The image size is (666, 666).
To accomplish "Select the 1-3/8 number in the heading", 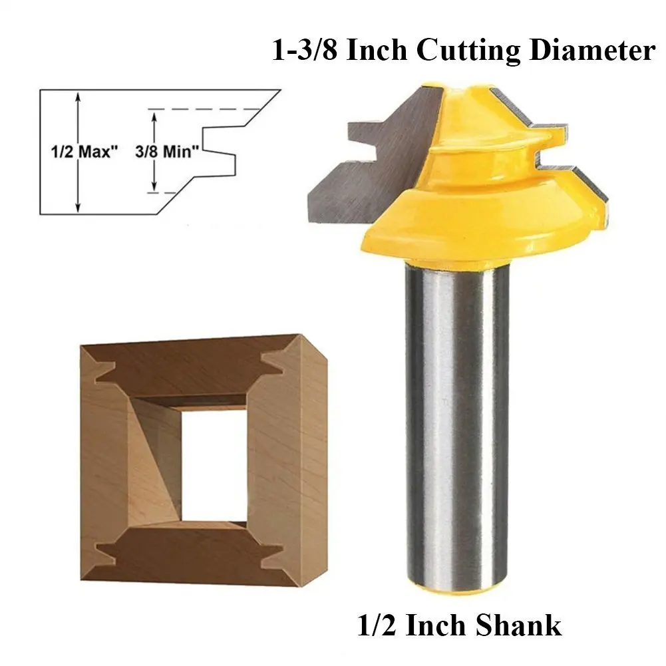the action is (305, 50).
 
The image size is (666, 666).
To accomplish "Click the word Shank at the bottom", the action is (518, 625).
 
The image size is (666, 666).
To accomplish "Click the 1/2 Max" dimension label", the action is (84, 152).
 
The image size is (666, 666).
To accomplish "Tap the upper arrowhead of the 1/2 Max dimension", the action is (78, 97).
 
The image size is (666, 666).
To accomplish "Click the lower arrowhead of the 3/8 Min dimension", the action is (154, 186).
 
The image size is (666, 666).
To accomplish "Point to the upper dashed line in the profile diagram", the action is (204, 109).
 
